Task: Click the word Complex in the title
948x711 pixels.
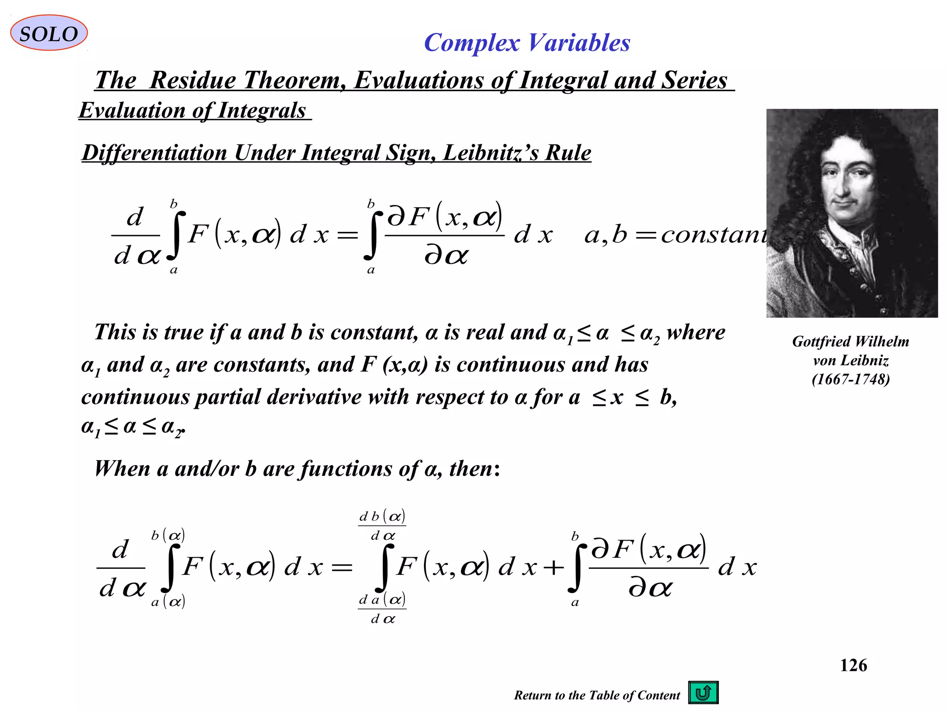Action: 472,43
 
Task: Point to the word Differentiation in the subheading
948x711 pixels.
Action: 155,153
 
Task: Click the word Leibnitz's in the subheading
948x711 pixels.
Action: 491,153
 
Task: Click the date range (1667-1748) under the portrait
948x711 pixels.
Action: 850,380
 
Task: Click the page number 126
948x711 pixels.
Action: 853,665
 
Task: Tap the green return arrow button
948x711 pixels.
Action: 703,692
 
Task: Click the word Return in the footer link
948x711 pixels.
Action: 532,695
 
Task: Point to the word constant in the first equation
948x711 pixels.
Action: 713,235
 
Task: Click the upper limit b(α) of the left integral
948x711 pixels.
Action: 168,536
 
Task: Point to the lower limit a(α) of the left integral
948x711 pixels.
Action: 168,602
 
